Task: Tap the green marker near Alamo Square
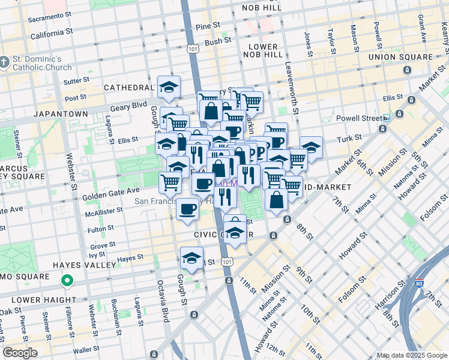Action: (68, 280)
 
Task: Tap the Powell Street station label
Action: (360, 118)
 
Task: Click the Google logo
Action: (20, 353)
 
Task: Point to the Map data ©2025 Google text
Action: (411, 355)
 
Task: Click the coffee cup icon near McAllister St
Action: (188, 209)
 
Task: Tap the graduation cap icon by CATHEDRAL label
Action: (169, 88)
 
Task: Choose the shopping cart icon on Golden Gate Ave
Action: (170, 181)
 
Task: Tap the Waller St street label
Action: (86, 350)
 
